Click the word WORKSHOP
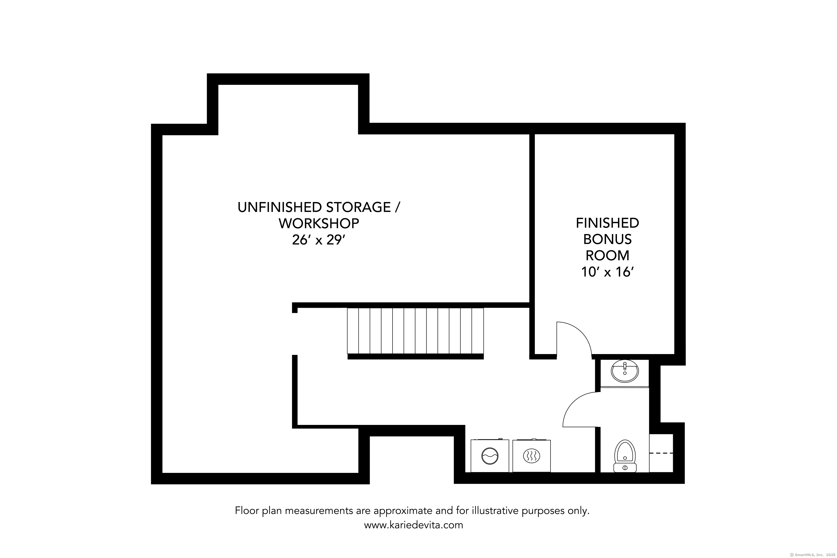pyautogui.click(x=319, y=223)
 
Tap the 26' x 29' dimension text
pyautogui.click(x=319, y=240)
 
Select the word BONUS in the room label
pyautogui.click(x=607, y=239)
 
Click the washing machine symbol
pyautogui.click(x=490, y=456)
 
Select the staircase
pyautogui.click(x=415, y=331)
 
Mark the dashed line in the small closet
pyautogui.click(x=661, y=453)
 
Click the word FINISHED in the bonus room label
pyautogui.click(x=607, y=223)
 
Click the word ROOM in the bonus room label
pyautogui.click(x=607, y=256)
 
